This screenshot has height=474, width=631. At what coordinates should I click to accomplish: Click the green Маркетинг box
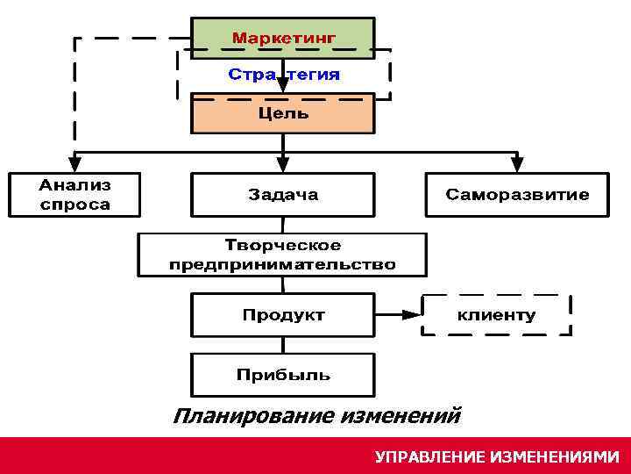click(283, 39)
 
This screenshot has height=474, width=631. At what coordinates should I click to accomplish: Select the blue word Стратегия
click(283, 75)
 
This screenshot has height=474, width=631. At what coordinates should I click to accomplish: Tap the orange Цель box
click(283, 113)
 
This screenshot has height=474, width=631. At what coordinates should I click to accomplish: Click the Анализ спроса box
click(74, 195)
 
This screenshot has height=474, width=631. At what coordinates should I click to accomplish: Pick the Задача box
click(283, 195)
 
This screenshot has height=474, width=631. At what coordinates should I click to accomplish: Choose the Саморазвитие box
click(517, 195)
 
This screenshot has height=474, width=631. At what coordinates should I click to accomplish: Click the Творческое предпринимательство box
click(283, 255)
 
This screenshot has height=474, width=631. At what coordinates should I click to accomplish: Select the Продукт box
click(283, 314)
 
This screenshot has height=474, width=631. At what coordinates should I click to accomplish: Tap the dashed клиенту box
click(497, 315)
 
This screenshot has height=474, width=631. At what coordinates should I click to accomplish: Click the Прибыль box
click(283, 375)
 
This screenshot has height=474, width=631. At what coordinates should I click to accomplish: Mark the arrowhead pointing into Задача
click(283, 164)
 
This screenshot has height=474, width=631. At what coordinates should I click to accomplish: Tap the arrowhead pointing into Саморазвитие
click(517, 164)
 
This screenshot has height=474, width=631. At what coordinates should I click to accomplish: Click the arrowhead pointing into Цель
click(283, 89)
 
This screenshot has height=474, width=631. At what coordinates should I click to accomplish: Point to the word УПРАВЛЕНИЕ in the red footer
click(429, 457)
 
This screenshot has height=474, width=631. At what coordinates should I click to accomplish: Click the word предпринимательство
click(283, 264)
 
